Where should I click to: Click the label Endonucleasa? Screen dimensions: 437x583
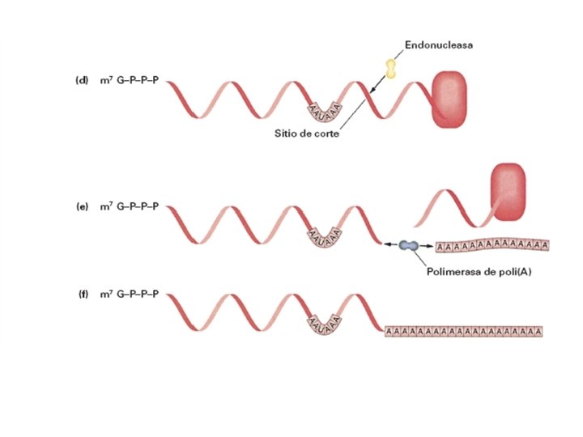(x=439, y=45)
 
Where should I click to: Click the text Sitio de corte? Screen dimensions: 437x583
(x=305, y=134)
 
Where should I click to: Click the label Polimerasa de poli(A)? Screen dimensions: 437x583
(x=474, y=272)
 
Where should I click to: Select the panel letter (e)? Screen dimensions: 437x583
(x=81, y=206)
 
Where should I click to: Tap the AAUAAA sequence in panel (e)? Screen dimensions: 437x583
(x=324, y=236)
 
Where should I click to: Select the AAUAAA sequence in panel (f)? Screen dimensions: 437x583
(x=324, y=324)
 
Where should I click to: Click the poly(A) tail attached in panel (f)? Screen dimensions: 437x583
(x=463, y=330)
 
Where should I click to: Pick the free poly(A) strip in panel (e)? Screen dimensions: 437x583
(x=492, y=245)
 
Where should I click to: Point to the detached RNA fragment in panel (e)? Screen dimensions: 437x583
(x=449, y=207)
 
